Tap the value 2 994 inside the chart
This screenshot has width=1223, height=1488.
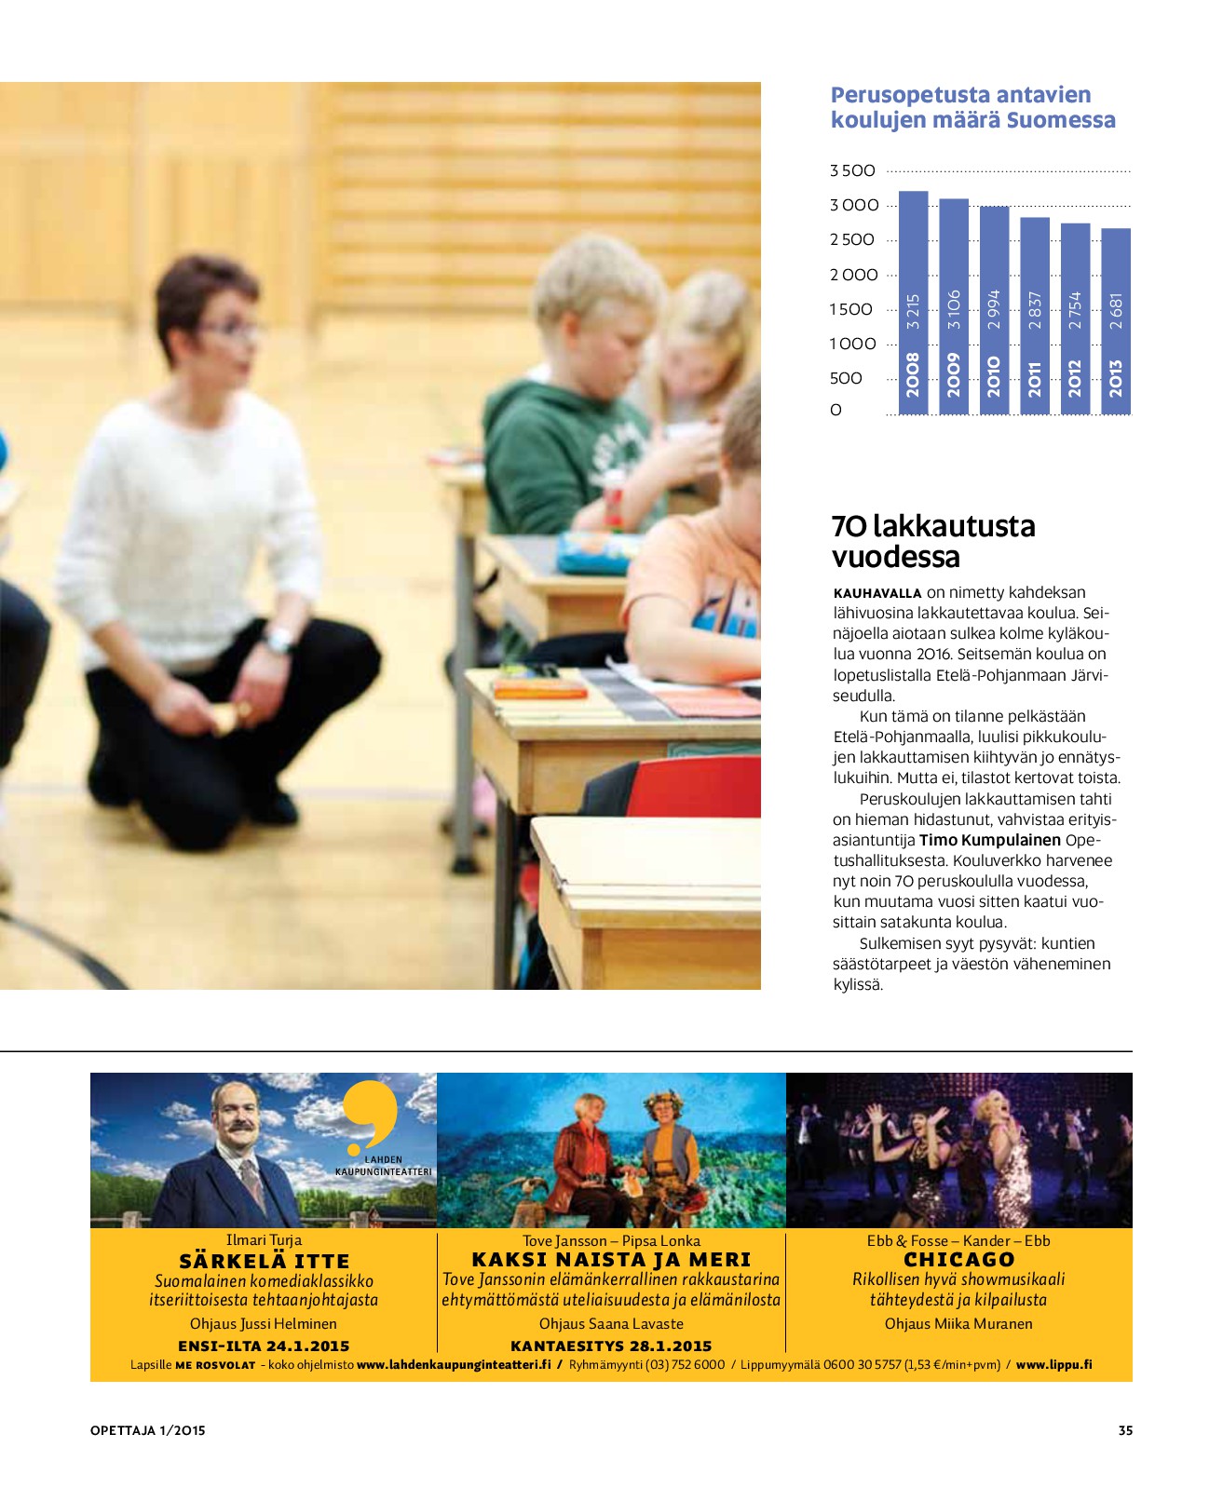tap(994, 310)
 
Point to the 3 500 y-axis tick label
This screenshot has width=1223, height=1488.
tap(852, 170)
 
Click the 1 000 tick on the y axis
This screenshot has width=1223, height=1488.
tap(852, 344)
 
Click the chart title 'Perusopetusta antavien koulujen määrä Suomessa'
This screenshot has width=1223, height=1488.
tap(972, 107)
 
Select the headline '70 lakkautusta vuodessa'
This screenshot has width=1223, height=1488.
tap(932, 541)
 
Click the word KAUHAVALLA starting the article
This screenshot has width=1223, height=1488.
tap(876, 593)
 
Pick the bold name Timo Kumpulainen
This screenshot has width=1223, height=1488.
tap(990, 840)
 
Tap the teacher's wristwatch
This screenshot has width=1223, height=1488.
tap(277, 641)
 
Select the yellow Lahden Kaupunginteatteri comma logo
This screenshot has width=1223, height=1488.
tap(372, 1114)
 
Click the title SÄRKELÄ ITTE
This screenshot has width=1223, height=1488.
tap(264, 1261)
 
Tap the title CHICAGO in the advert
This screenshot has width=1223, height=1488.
tap(958, 1259)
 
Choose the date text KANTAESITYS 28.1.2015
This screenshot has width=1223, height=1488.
tap(611, 1346)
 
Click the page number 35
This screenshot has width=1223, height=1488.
tap(1125, 1430)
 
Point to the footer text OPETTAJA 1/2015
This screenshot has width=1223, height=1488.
tap(147, 1430)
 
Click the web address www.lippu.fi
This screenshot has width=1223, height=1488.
tap(1053, 1364)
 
